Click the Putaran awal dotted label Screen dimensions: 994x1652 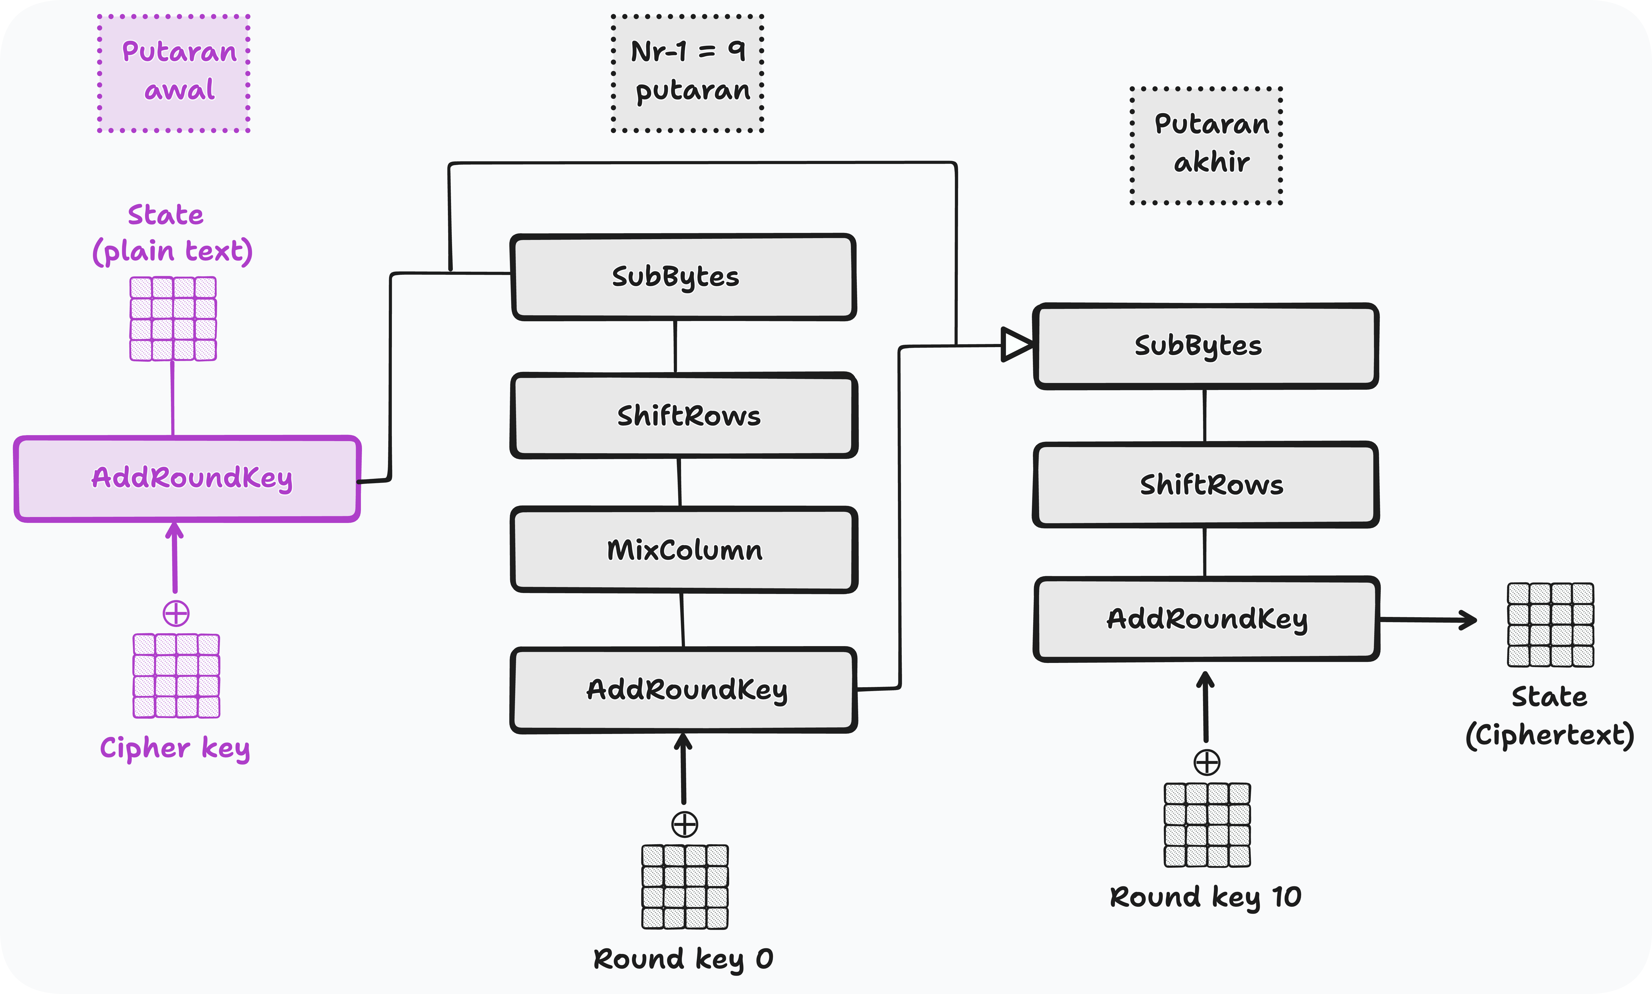pyautogui.click(x=174, y=72)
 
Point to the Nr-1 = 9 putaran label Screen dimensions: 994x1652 pyautogui.click(x=688, y=72)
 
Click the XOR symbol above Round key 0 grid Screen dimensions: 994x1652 pyautogui.click(x=684, y=825)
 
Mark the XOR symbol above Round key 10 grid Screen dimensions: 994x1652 pyautogui.click(x=1207, y=762)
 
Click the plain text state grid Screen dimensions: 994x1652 pyautogui.click(x=173, y=319)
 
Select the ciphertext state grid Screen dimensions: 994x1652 pyautogui.click(x=1550, y=625)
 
